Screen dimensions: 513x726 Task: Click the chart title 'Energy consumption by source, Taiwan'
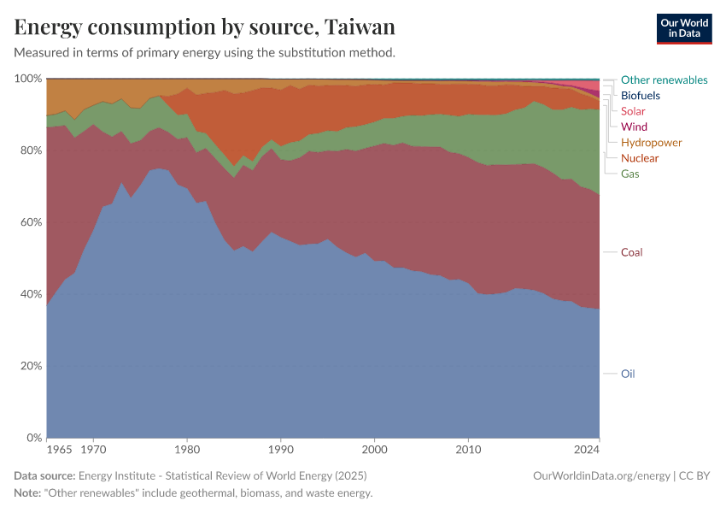click(x=204, y=27)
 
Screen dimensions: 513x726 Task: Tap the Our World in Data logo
click(x=684, y=28)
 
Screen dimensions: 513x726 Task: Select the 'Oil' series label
click(x=628, y=374)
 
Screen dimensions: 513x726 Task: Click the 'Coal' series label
click(x=631, y=252)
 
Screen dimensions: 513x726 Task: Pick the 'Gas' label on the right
click(x=630, y=174)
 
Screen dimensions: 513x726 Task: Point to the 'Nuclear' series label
click(x=640, y=158)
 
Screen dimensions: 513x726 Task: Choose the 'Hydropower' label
click(x=651, y=142)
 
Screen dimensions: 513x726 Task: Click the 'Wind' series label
click(x=634, y=127)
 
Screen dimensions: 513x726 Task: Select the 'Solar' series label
click(x=633, y=111)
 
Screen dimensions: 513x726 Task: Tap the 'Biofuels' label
click(x=640, y=96)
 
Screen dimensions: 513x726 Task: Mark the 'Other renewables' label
click(x=664, y=80)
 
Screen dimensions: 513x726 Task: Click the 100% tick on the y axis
click(x=28, y=79)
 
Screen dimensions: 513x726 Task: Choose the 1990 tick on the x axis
click(x=281, y=448)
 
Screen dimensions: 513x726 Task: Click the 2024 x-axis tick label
click(x=588, y=448)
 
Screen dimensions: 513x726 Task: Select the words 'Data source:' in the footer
click(x=44, y=475)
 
